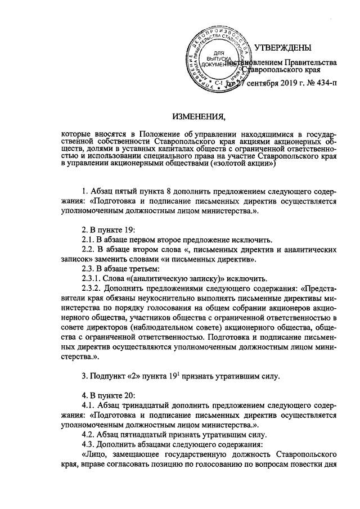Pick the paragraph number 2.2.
[x=90, y=250]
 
